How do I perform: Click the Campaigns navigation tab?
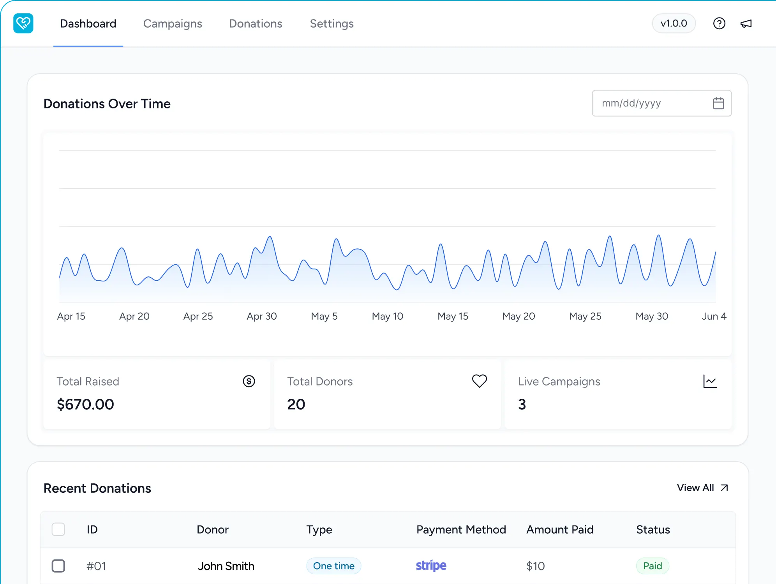173,24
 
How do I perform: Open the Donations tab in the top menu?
256,24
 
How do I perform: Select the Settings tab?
332,24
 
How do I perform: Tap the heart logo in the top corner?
23,23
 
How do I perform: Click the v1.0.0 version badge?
674,23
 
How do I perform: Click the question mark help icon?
719,23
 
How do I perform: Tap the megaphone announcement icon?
746,24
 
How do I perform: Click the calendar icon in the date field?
718,103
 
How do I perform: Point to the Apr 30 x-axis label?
262,316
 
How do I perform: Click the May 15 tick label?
453,316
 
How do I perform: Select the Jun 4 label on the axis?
714,316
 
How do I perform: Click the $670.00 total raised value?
85,404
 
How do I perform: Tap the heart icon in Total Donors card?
480,381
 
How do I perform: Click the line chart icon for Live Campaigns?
710,381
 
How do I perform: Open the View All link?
702,488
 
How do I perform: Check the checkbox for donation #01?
58,566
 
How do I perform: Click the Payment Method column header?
461,529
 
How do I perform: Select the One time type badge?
334,566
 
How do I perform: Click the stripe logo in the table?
431,566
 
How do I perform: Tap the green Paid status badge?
653,566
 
